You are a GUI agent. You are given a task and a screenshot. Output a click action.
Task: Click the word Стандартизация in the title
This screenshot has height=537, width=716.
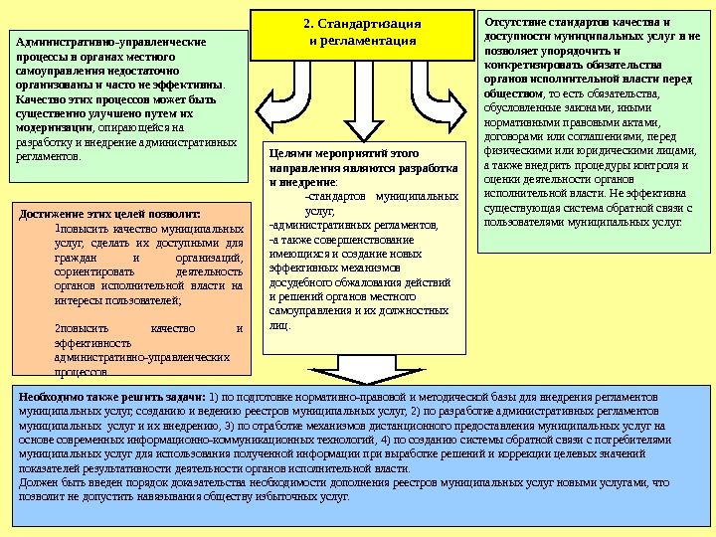click(x=367, y=23)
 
